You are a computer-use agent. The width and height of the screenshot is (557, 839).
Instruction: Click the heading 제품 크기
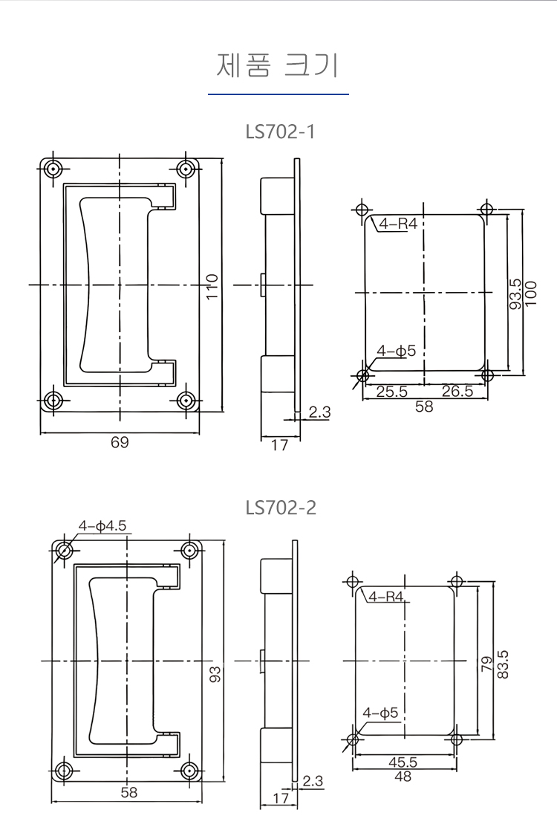(x=278, y=65)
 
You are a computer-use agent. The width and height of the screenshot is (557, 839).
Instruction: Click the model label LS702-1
(x=280, y=132)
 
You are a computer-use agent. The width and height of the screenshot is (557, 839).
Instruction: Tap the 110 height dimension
(x=212, y=286)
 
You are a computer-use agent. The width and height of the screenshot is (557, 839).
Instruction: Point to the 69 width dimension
(x=120, y=442)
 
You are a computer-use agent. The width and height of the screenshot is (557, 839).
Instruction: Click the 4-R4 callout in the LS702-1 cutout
(x=398, y=223)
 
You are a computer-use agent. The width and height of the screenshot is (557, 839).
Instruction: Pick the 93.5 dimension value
(x=516, y=294)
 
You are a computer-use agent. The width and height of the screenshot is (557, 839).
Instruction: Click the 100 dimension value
(x=531, y=294)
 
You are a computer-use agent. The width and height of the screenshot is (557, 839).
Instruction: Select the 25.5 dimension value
(x=392, y=391)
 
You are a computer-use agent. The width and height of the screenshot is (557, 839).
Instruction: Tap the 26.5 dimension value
(x=457, y=391)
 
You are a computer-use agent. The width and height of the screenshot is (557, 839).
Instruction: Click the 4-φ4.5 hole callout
(x=102, y=526)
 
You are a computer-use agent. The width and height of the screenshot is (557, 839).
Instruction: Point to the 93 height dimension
(x=215, y=674)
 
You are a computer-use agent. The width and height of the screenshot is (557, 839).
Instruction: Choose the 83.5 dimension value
(x=503, y=664)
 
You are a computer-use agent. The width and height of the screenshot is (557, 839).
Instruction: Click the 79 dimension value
(x=487, y=664)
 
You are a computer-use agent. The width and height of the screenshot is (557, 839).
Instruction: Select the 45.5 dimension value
(x=403, y=762)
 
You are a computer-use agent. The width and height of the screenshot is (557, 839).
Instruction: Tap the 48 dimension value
(x=403, y=776)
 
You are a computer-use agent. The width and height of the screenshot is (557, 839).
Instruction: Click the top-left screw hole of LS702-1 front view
(x=53, y=169)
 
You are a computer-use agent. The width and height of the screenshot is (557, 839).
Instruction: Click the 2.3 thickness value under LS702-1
(x=319, y=412)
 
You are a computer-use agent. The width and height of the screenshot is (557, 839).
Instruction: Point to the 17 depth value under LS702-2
(x=281, y=798)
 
